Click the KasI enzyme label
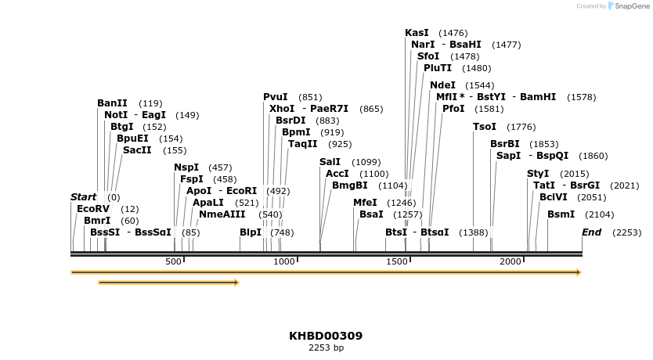coord(417,33)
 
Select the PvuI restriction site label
coord(275,97)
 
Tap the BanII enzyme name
coord(112,103)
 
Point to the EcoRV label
coord(92,209)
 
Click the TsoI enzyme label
coord(485,127)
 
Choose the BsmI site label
coord(561,214)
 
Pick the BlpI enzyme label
coord(251,232)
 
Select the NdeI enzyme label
coord(442,85)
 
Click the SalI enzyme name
coord(330,162)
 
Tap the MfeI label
coord(365,203)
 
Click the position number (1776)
coord(521,127)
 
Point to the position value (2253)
coord(626,232)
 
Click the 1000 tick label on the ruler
coord(285,261)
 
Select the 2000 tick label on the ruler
coord(510,261)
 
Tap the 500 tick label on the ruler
coord(173,261)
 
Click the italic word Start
coord(83,197)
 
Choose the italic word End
coord(591,232)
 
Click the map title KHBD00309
coord(326,336)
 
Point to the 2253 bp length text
coord(326,347)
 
